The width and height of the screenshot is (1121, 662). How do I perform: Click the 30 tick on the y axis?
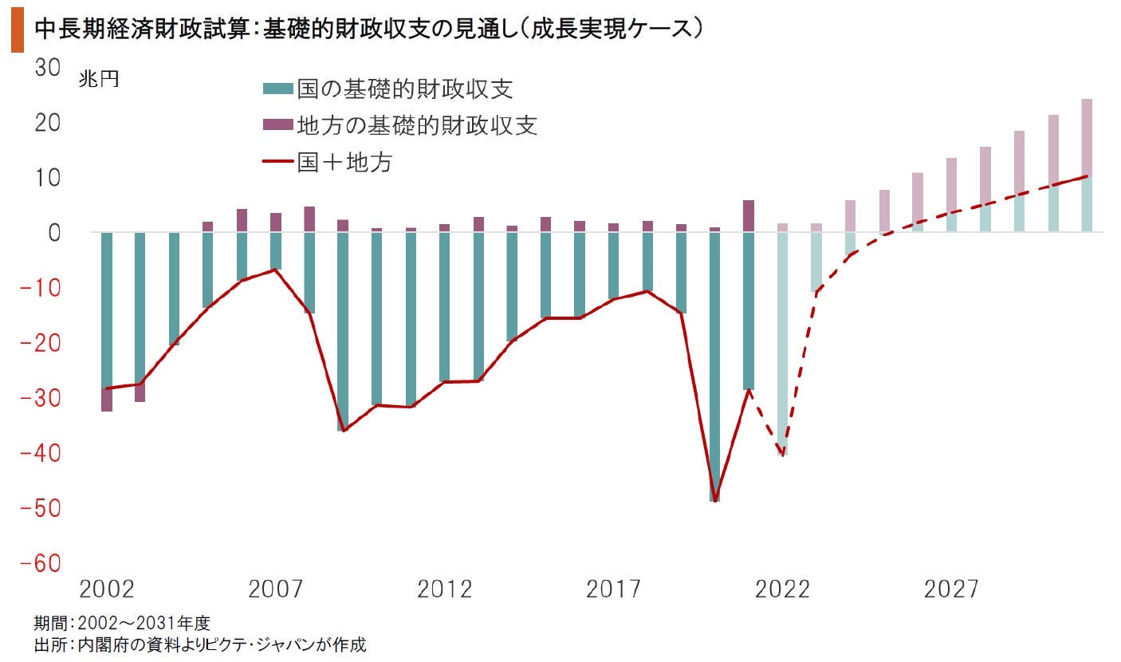point(47,68)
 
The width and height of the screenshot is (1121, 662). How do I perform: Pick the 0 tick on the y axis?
point(54,233)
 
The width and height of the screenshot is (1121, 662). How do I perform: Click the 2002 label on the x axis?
point(107,589)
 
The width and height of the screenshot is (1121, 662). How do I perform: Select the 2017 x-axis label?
point(613,589)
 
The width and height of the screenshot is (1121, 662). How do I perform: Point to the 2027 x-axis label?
point(951,589)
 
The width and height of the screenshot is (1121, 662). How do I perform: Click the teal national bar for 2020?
point(714,367)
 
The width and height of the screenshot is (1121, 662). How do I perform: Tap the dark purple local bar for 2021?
point(749,215)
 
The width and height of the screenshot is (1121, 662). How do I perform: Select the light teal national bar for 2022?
point(782,343)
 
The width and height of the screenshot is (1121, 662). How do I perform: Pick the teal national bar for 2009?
point(343,331)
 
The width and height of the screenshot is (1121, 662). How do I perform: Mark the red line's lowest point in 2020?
point(714,501)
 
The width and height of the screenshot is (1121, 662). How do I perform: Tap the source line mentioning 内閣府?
point(200,644)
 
